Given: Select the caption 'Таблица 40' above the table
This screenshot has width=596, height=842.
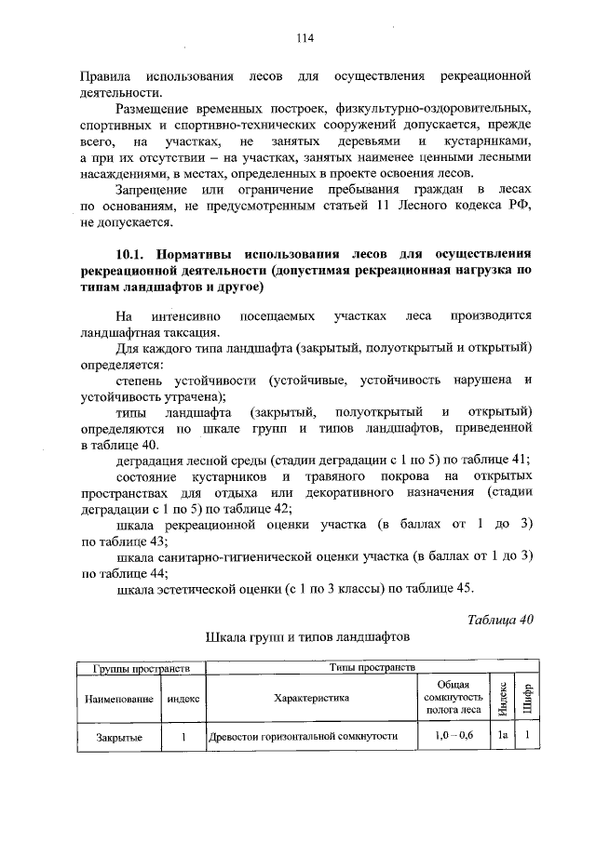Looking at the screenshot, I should (500, 621).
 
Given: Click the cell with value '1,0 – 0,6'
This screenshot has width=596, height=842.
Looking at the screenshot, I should (453, 736).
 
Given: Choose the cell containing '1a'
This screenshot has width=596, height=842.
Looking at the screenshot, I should (501, 736).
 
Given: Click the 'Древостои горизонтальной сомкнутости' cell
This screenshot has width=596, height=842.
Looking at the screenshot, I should (303, 736).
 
